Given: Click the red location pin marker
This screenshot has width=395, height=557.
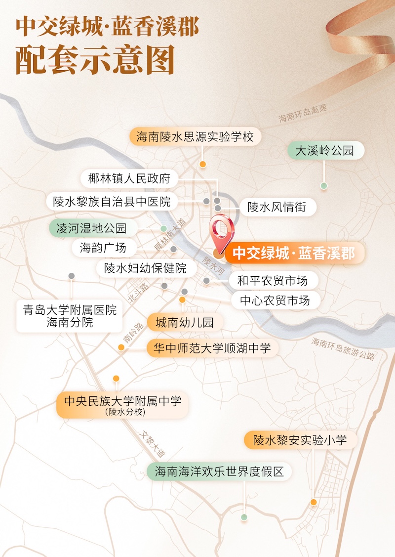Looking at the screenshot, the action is pos(222,231).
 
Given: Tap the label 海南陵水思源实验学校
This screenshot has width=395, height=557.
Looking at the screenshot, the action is pos(195,137).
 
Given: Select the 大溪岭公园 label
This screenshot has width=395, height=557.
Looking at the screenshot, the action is pos(325,151).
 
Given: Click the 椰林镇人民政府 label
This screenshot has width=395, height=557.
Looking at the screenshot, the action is pos(129,178).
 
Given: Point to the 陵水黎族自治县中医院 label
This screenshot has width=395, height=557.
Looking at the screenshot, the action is pos(112,202).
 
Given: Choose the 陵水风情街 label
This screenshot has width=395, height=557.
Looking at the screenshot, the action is pos(276,207).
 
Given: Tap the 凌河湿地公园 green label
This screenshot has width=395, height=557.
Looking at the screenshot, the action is pos(91,228).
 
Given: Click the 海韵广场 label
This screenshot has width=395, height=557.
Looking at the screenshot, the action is pos(103,247).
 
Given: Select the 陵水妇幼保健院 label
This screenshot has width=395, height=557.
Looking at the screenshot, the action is pos(145,268).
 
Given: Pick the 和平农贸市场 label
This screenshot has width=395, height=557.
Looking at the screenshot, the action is pos(273,281).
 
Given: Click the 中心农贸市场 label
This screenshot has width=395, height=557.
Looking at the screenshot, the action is pos(275,300).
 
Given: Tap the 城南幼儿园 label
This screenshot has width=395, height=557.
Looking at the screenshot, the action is pos(185,323).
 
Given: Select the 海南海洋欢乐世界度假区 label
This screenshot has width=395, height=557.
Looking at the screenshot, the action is pos(220,471).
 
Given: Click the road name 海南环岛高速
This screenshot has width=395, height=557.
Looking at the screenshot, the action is pos(303,114).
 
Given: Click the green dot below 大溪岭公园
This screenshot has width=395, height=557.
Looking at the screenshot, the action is pos(324,186).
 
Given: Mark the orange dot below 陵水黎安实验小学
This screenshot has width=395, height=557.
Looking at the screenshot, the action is pos(314,502).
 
